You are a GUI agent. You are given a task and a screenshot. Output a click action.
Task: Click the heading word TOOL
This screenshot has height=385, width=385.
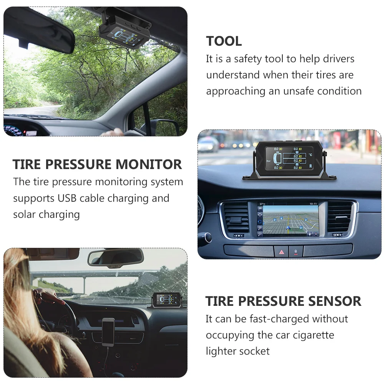click(x=224, y=41)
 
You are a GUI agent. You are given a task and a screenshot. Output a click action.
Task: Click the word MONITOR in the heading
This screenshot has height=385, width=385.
click(x=149, y=164)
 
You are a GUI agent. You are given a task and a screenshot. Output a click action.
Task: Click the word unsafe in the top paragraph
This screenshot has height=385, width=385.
click(x=298, y=91)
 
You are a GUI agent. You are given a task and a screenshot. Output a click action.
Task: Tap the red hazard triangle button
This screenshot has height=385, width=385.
click(x=281, y=252)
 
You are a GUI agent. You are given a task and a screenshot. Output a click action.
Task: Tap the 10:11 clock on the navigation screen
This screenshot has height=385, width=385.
click(x=313, y=204)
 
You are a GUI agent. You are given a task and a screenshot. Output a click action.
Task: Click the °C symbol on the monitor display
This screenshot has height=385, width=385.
click(x=310, y=155)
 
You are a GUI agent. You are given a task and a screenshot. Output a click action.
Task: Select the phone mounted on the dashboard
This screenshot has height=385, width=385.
click(x=108, y=332)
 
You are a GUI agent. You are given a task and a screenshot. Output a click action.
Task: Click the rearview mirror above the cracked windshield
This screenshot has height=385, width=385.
click(x=115, y=258)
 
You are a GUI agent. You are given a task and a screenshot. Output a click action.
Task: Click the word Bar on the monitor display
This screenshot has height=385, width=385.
click(x=268, y=161)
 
